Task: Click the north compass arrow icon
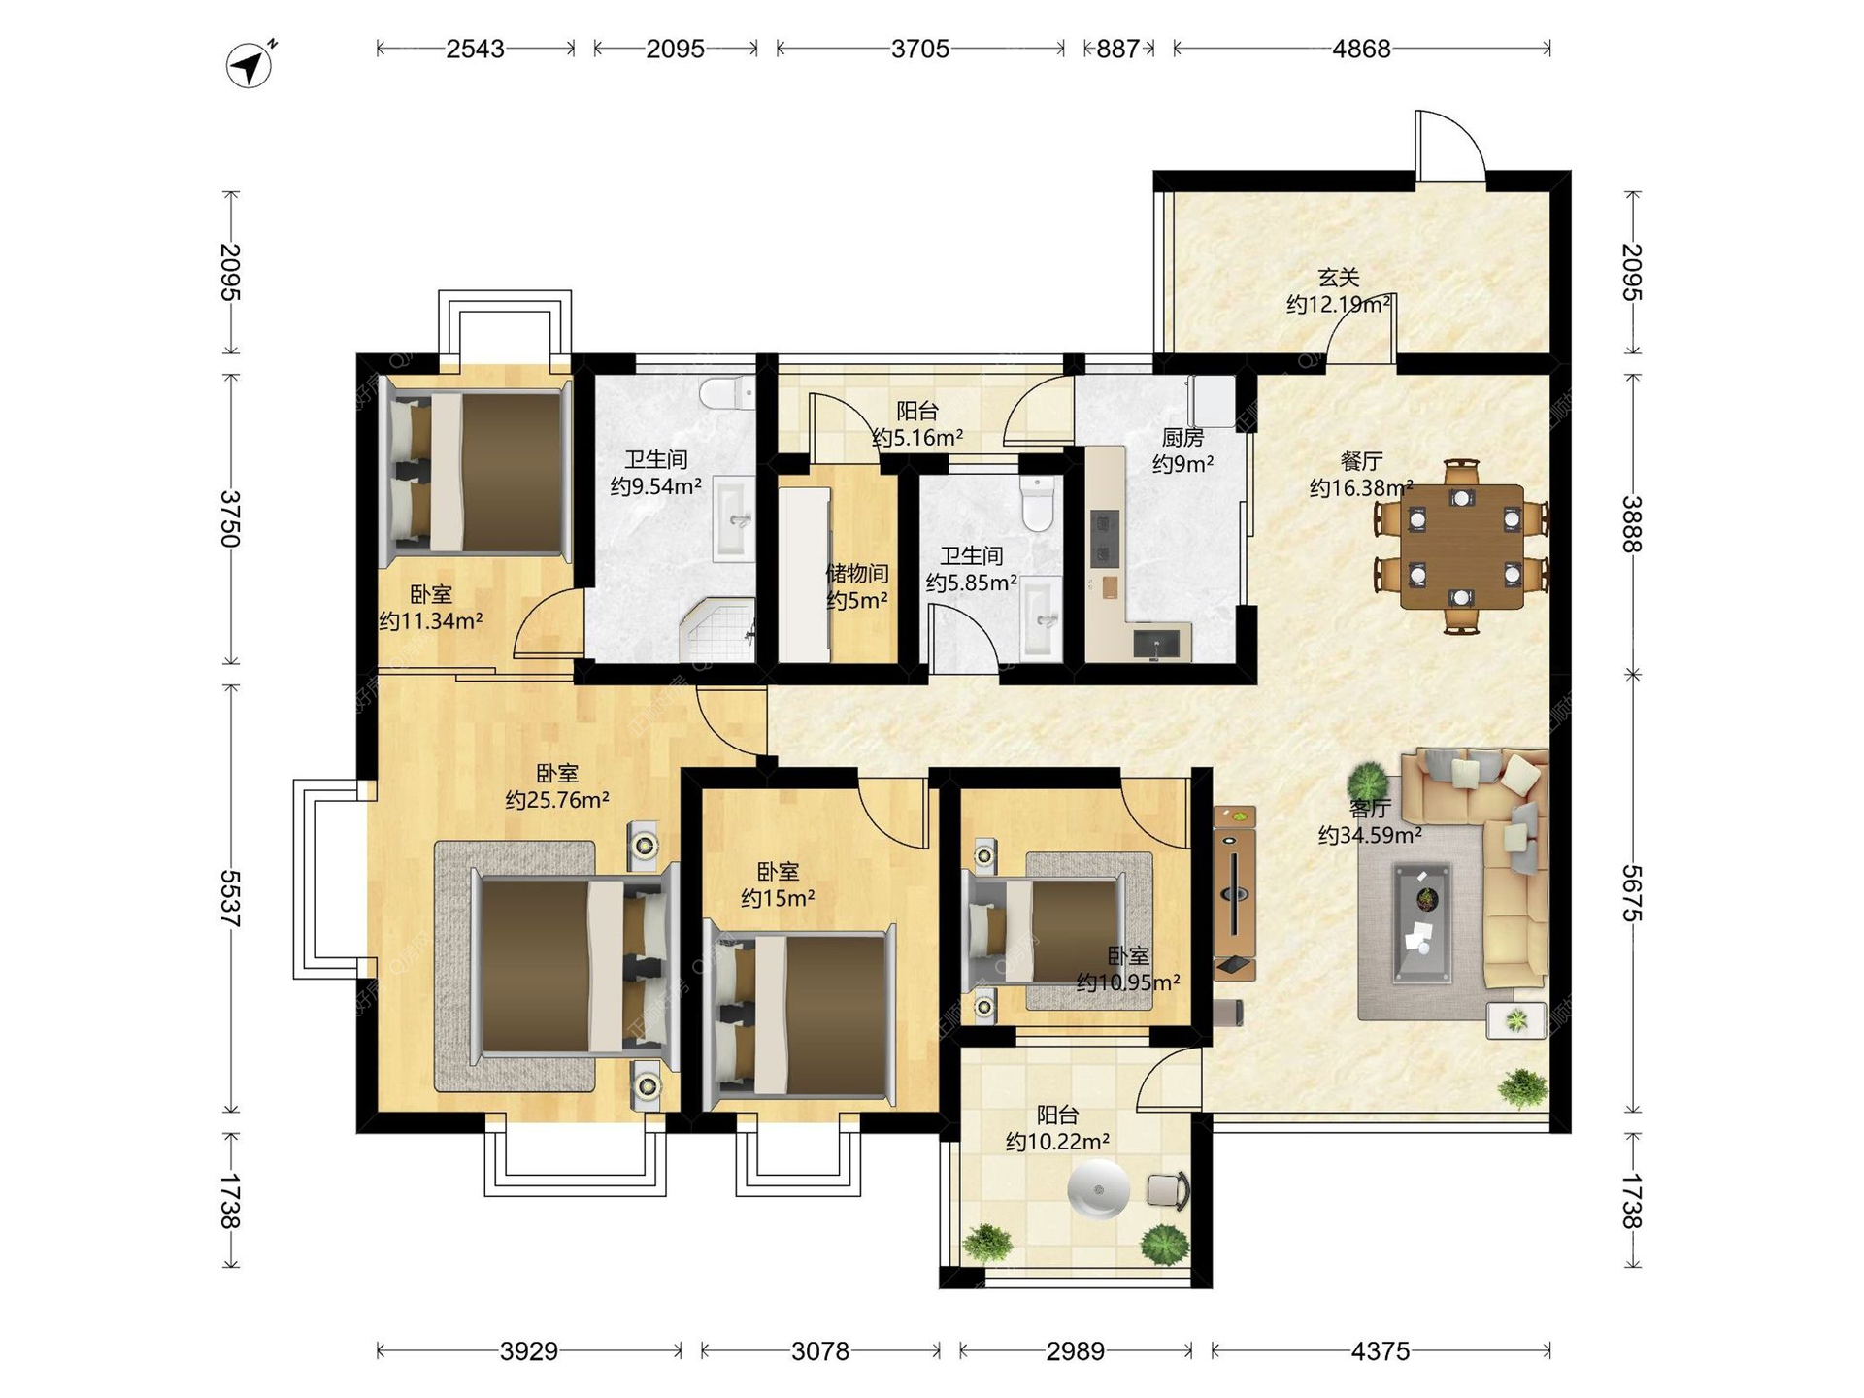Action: coord(250,65)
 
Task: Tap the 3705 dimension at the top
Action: coord(920,49)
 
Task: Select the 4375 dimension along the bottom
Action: coord(1380,1350)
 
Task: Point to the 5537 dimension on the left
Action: coord(230,898)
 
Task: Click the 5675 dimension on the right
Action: coord(1632,893)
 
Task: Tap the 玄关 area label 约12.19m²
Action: coord(1339,305)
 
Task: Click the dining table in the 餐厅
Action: coord(1461,547)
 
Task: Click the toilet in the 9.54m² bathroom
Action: coord(727,393)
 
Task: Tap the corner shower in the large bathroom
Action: coord(717,630)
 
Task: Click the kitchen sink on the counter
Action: coord(1156,643)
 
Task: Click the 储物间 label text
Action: coord(857,574)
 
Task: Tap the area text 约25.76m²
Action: coord(557,800)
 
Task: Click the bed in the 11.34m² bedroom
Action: coord(477,472)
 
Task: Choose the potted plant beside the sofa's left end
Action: coord(1368,781)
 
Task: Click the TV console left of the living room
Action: coord(1234,892)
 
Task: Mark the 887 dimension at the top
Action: coord(1118,49)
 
